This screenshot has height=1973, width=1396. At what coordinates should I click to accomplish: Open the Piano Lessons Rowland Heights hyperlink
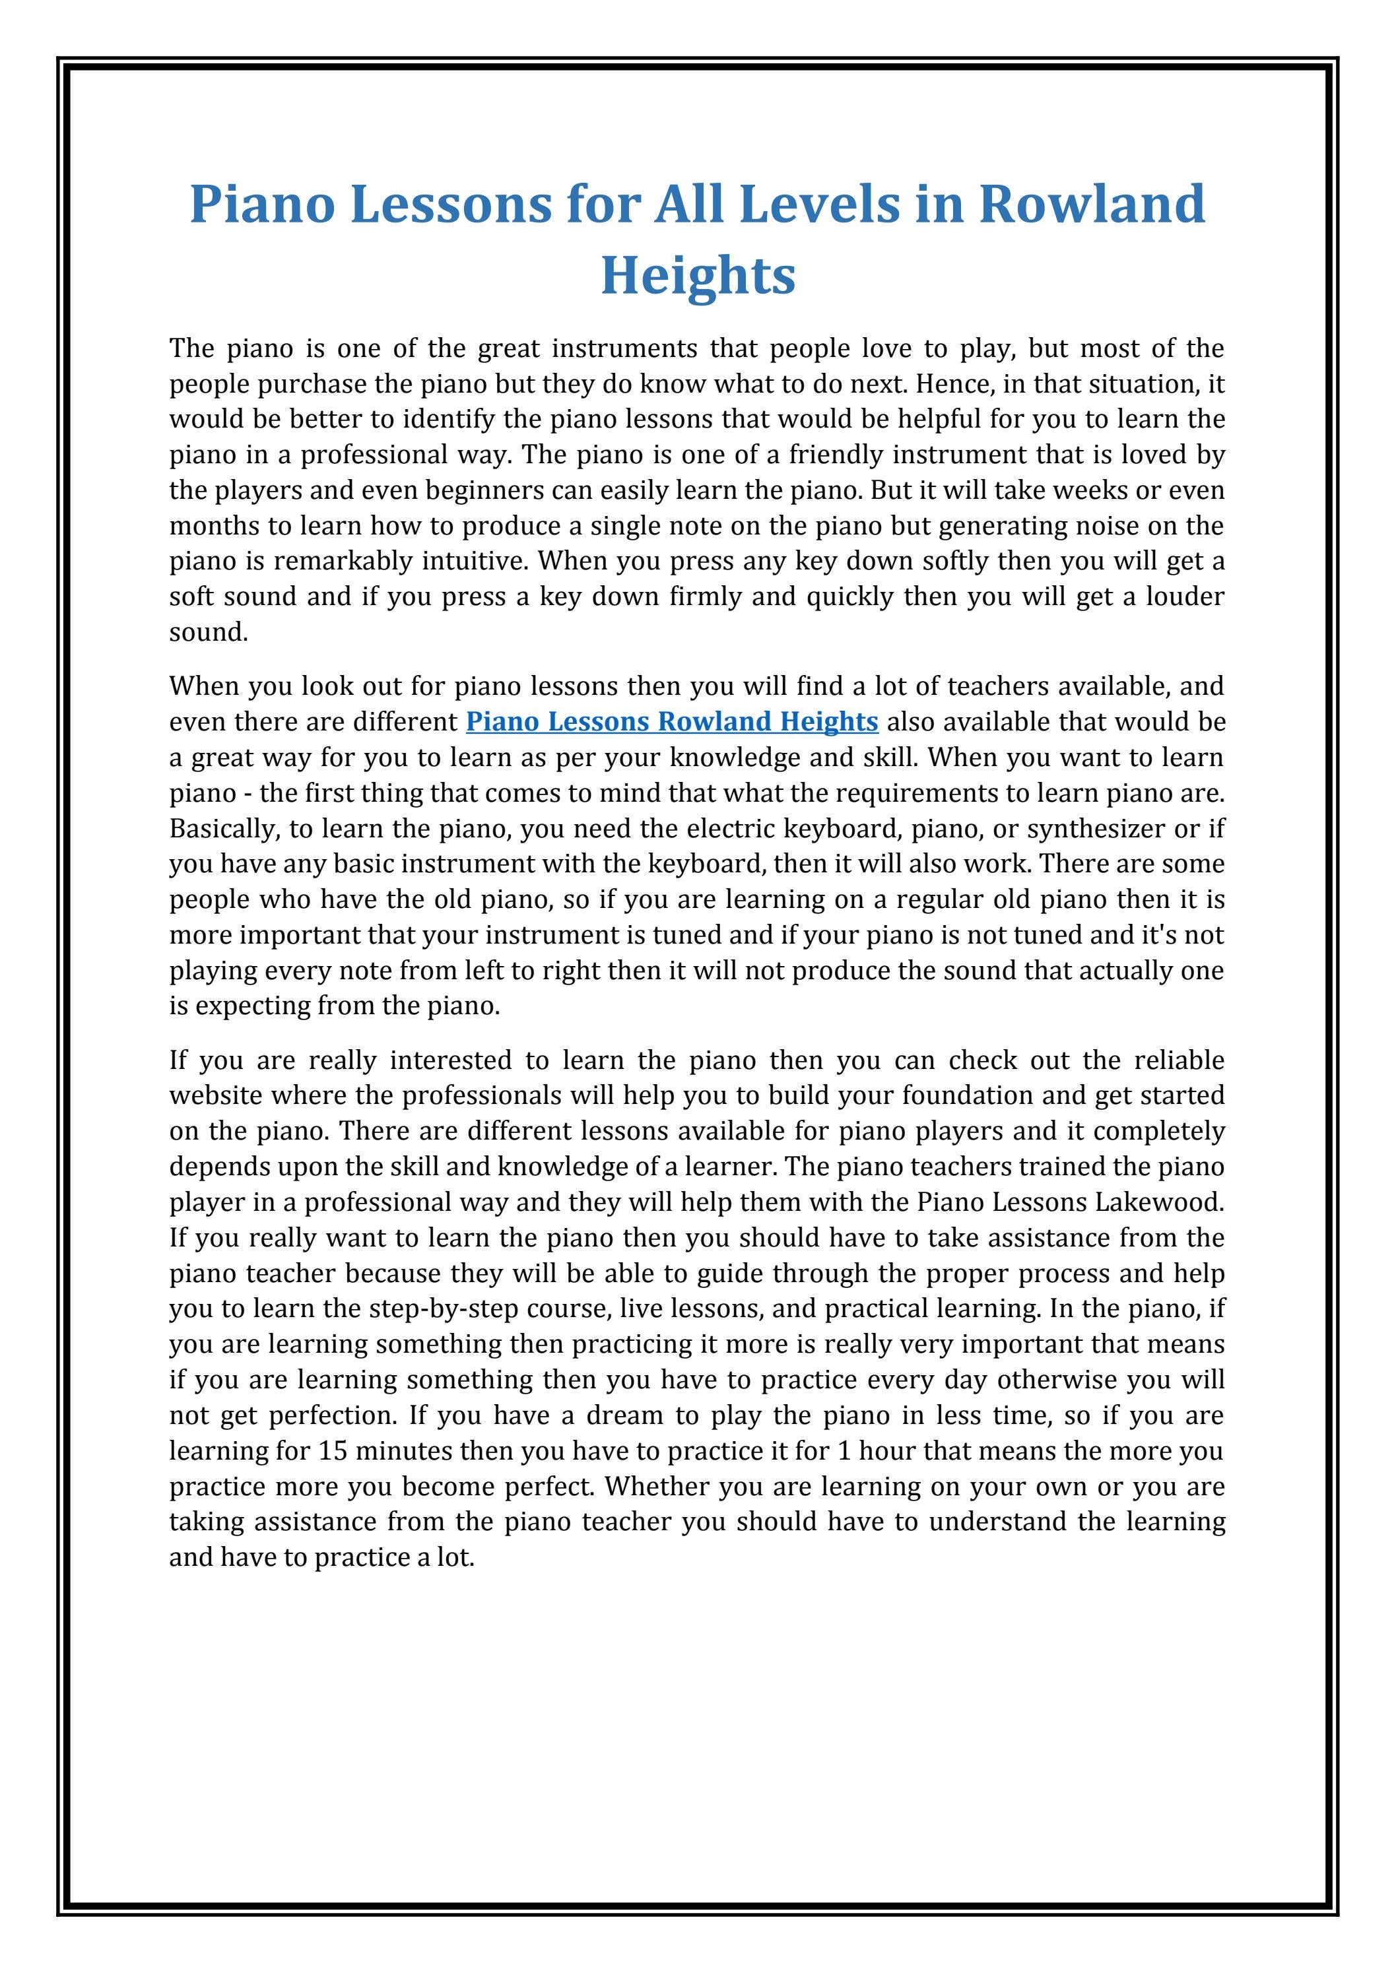click(671, 721)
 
